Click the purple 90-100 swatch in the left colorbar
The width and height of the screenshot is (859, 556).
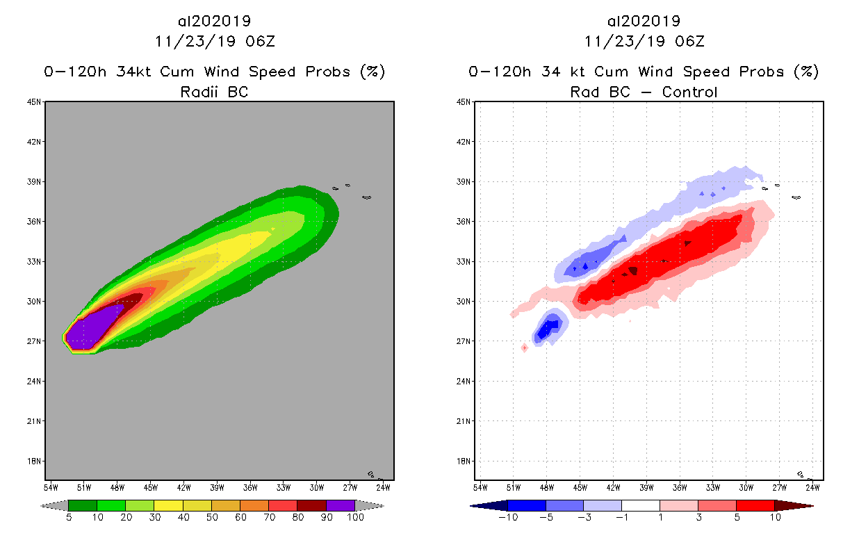click(341, 505)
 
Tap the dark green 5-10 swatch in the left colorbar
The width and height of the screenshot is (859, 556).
click(83, 505)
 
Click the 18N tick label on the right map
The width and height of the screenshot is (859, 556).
click(464, 461)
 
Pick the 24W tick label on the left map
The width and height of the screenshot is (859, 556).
click(382, 486)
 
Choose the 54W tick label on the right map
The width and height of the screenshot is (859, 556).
click(480, 486)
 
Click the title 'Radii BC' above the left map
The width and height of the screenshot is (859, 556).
click(214, 91)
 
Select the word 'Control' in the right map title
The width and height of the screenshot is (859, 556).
click(689, 91)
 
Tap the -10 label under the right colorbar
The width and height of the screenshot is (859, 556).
click(507, 517)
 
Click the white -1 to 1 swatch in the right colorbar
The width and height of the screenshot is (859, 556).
click(640, 505)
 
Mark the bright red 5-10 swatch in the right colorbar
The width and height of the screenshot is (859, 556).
click(755, 505)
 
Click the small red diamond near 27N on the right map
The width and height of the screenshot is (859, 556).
click(525, 347)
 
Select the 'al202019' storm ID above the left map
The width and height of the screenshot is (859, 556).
click(214, 21)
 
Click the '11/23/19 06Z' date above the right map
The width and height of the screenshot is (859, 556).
click(644, 41)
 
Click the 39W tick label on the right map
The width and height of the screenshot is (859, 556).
click(646, 486)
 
